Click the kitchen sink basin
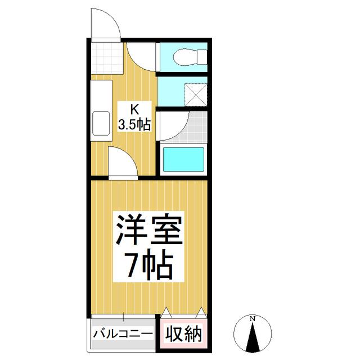pyautogui.click(x=101, y=123)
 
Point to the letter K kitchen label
pyautogui.click(x=134, y=109)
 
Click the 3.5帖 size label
pyautogui.click(x=134, y=124)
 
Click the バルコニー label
pyautogui.click(x=123, y=334)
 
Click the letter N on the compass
pyautogui.click(x=253, y=319)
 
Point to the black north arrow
pyautogui.click(x=253, y=339)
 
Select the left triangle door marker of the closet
pyautogui.click(x=167, y=311)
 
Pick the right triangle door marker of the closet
pyautogui.click(x=201, y=311)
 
